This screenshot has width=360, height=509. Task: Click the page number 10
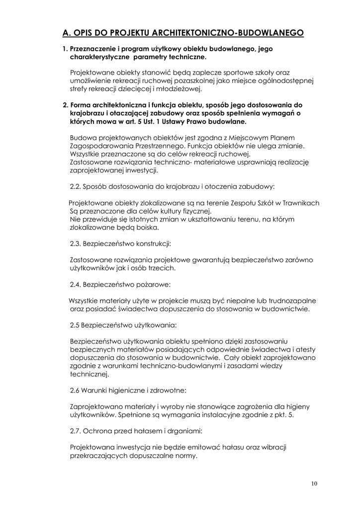click(313, 484)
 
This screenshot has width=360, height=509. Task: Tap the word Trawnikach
click(301, 203)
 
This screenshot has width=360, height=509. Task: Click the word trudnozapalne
click(291, 301)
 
